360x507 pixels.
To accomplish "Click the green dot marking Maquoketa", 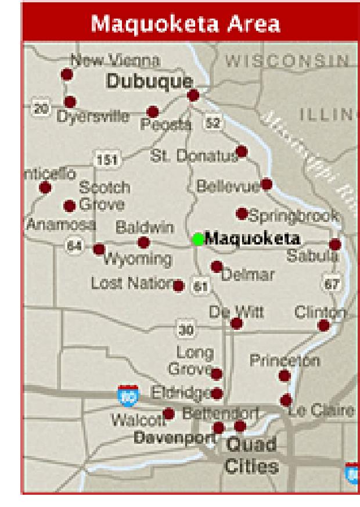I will click(x=198, y=239).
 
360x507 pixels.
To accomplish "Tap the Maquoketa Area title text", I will click(x=186, y=24).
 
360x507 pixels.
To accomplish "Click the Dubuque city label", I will click(x=149, y=81).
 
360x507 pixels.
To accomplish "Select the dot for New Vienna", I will click(x=67, y=74).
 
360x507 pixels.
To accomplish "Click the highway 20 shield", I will click(x=41, y=108).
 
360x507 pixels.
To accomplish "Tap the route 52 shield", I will click(x=213, y=123).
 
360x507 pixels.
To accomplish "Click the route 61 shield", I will click(x=200, y=286).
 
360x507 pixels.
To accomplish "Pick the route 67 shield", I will click(x=332, y=284).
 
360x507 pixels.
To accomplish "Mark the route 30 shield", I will click(x=186, y=330).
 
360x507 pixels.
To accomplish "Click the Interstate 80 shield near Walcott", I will click(x=127, y=395).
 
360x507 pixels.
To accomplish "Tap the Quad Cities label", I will click(x=251, y=455).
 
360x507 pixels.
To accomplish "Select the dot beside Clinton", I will click(x=324, y=325).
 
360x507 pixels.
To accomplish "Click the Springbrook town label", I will click(x=294, y=216).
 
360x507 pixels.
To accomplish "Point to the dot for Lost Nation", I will click(x=178, y=286).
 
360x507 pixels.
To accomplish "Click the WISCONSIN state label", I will click(x=287, y=60).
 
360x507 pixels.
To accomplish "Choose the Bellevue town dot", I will click(x=267, y=184).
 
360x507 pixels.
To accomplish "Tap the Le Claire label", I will click(x=321, y=411).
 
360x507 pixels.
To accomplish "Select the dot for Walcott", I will click(x=168, y=413).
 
